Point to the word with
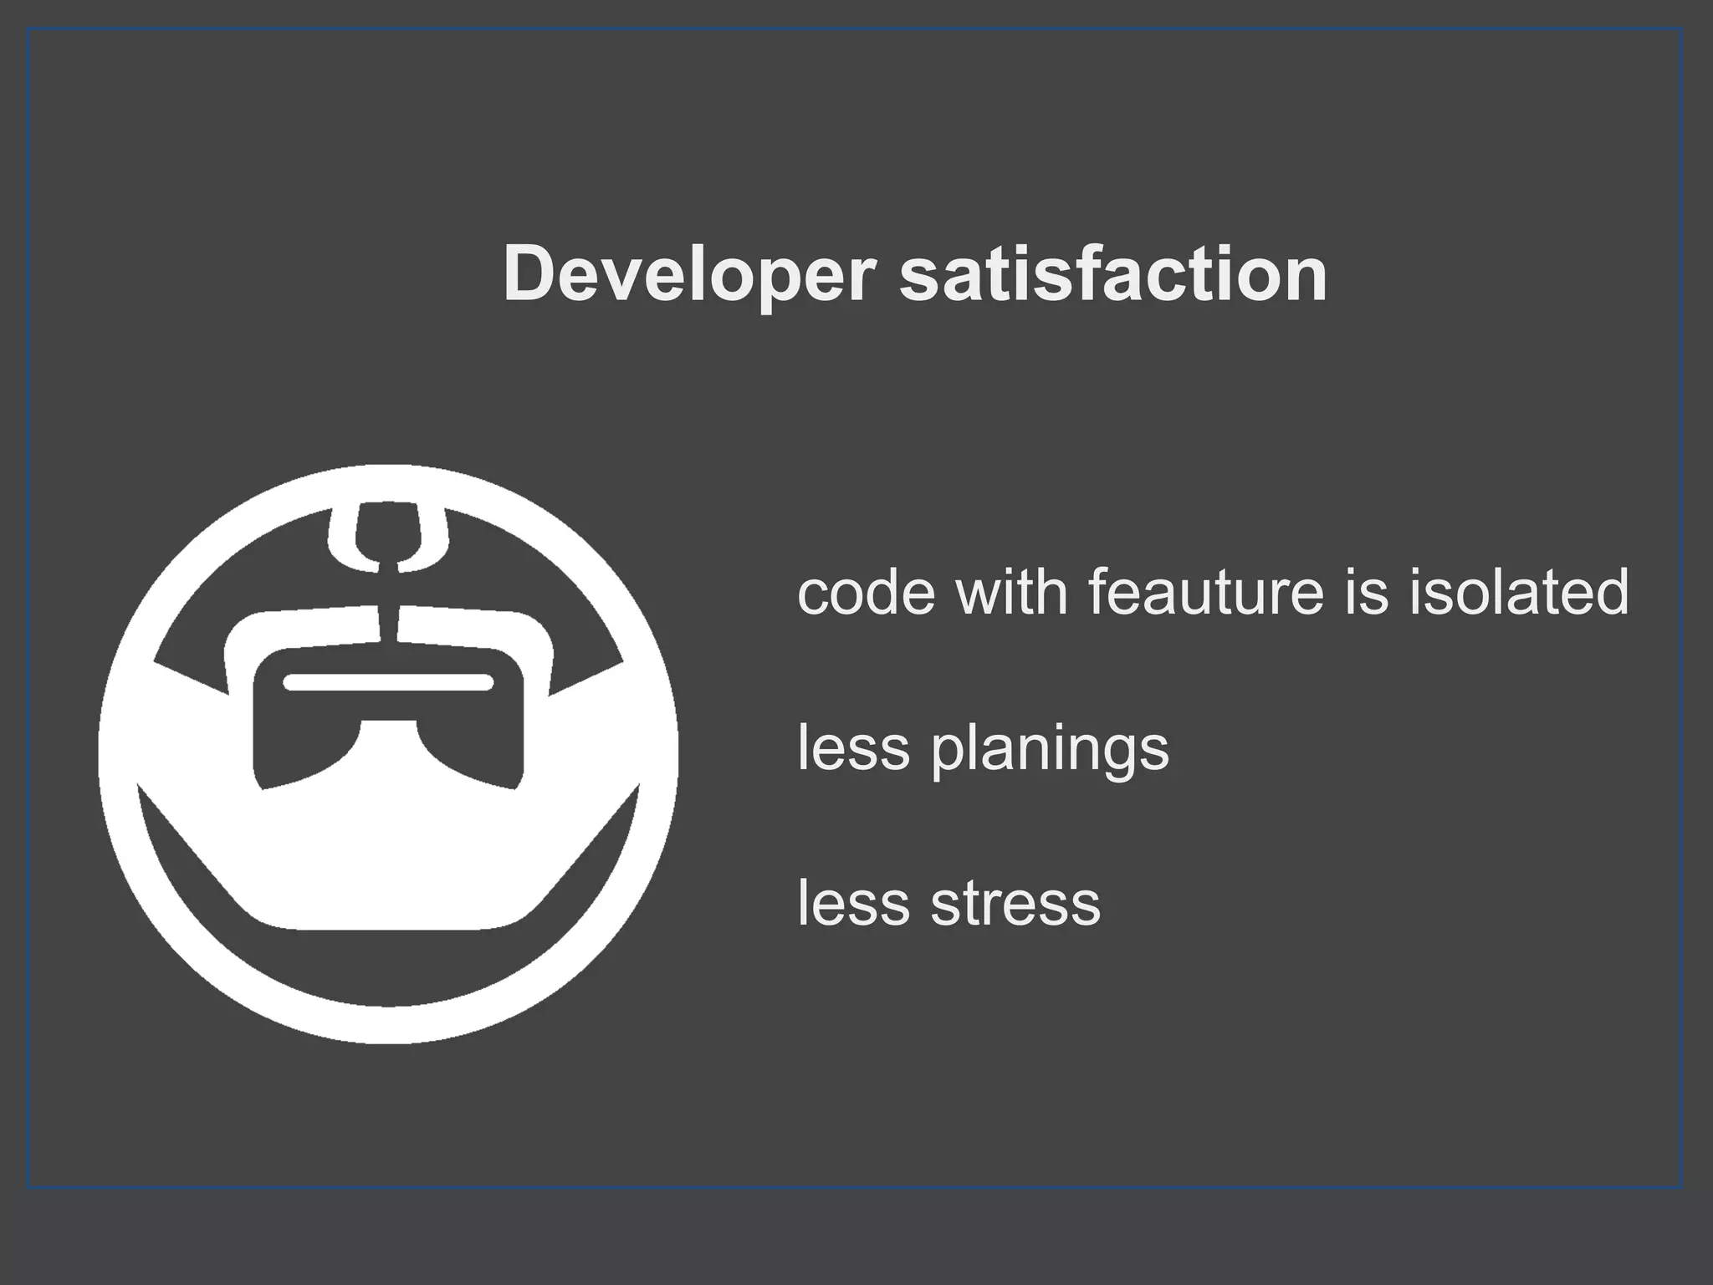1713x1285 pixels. [x=1011, y=591]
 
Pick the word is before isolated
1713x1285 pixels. [x=1365, y=591]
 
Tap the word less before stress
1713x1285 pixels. [x=853, y=903]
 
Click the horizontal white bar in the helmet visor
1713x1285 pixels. [x=388, y=682]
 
